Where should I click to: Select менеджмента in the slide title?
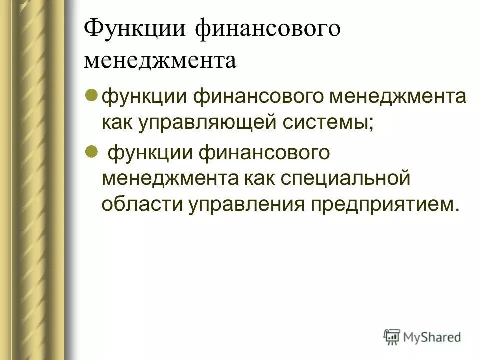(160, 61)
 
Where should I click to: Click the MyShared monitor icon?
(392, 337)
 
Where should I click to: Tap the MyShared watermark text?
(433, 337)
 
